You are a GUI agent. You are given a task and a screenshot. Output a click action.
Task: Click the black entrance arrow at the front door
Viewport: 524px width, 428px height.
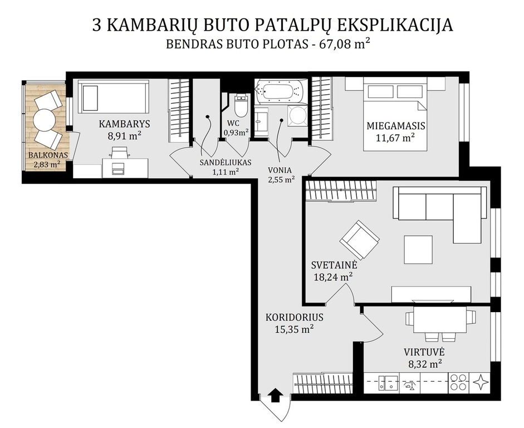(275, 395)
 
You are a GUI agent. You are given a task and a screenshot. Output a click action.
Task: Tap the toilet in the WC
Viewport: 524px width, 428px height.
(241, 105)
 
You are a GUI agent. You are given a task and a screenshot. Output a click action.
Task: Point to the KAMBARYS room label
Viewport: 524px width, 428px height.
(124, 124)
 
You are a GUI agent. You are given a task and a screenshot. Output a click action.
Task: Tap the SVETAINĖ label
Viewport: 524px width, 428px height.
(334, 265)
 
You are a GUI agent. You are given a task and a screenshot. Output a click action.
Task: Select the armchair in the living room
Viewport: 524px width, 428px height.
(360, 240)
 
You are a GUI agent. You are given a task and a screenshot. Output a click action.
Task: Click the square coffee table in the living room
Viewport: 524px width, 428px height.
(418, 250)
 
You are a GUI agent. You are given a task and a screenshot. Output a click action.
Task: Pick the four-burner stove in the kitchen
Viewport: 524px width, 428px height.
(458, 382)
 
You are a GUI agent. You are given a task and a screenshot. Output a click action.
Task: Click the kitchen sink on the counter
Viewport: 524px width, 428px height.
(388, 382)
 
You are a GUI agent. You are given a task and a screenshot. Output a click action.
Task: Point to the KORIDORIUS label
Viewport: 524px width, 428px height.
(295, 317)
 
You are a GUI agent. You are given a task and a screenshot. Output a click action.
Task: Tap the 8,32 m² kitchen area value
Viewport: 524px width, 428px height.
(425, 363)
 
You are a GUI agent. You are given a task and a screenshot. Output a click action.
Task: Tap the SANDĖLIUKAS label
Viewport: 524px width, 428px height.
(226, 163)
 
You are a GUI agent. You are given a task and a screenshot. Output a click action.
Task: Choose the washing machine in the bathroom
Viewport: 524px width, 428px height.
(297, 115)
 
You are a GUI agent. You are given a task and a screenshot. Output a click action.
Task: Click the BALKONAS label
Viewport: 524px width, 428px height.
(48, 155)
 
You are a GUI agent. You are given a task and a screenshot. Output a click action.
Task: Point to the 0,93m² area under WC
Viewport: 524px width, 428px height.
(236, 133)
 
